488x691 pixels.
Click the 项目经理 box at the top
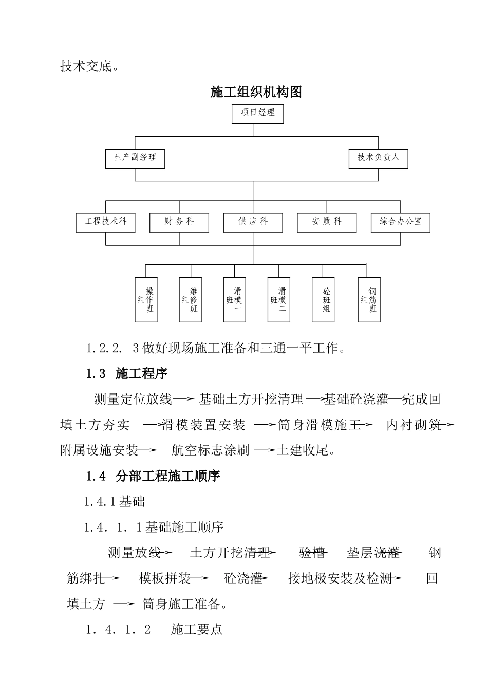click(258, 113)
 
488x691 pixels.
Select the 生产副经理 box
click(135, 157)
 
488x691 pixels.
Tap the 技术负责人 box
click(378, 157)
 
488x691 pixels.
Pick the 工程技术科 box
click(106, 222)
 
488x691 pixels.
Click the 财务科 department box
click(179, 222)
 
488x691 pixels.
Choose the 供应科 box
click(253, 222)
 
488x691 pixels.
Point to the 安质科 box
click(327, 222)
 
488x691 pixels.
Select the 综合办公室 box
click(401, 222)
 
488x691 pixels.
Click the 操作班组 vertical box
click(146, 300)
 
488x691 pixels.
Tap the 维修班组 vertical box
click(190, 300)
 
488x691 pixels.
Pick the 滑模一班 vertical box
click(234, 300)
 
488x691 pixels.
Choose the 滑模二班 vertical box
click(278, 300)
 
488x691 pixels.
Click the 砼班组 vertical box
click(323, 300)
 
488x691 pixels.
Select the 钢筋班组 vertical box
click(369, 300)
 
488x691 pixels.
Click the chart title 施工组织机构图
click(256, 92)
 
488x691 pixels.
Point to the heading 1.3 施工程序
click(127, 374)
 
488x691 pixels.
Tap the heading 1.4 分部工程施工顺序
click(153, 476)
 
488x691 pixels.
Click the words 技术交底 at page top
click(86, 67)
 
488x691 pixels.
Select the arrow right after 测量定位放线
click(183, 399)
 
